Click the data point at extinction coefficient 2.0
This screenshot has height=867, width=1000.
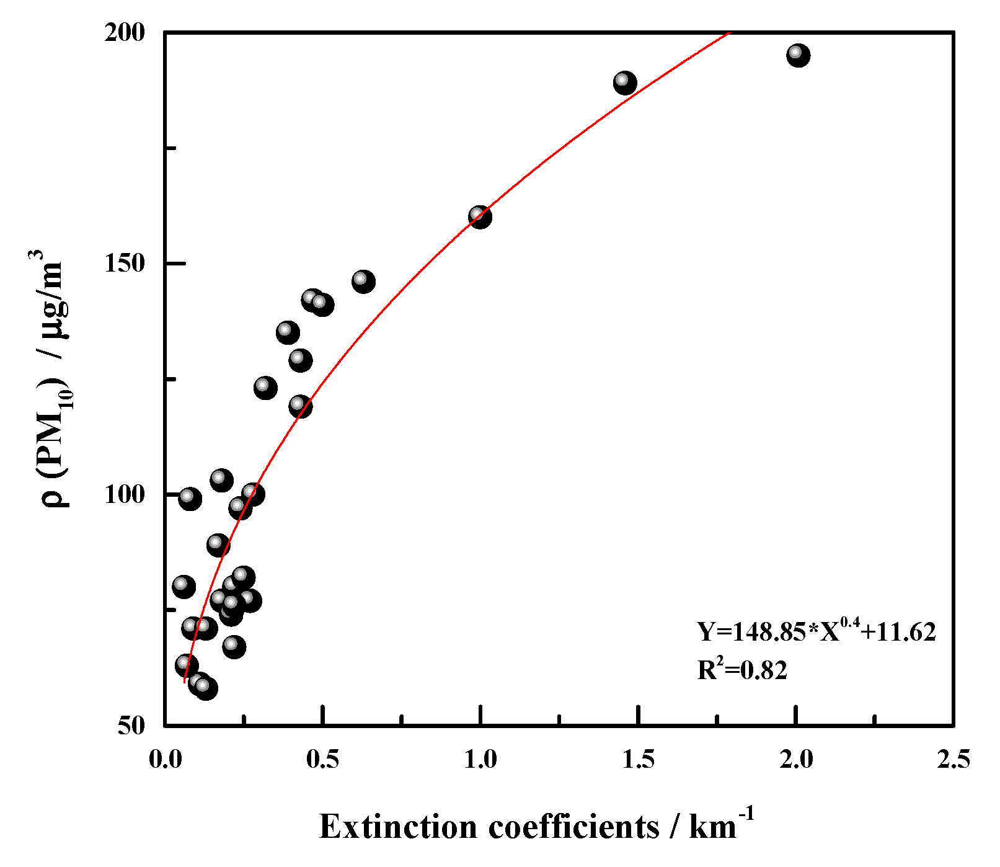tap(798, 55)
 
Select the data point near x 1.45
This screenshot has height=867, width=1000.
tap(625, 82)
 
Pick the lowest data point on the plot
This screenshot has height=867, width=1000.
tap(206, 688)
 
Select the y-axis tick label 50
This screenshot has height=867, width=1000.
tap(131, 726)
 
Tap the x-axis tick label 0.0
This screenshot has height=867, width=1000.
tap(166, 759)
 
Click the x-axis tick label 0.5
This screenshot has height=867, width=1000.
tap(323, 759)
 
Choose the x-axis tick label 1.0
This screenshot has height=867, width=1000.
tap(480, 759)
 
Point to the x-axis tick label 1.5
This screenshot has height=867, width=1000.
tap(639, 759)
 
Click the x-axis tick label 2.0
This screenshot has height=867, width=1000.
tap(796, 759)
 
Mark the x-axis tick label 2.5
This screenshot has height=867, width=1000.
tap(954, 759)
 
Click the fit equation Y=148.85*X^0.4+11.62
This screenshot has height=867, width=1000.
tap(816, 632)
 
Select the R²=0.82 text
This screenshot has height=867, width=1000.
tap(741, 670)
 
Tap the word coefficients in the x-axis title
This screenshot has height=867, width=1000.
tap(573, 827)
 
